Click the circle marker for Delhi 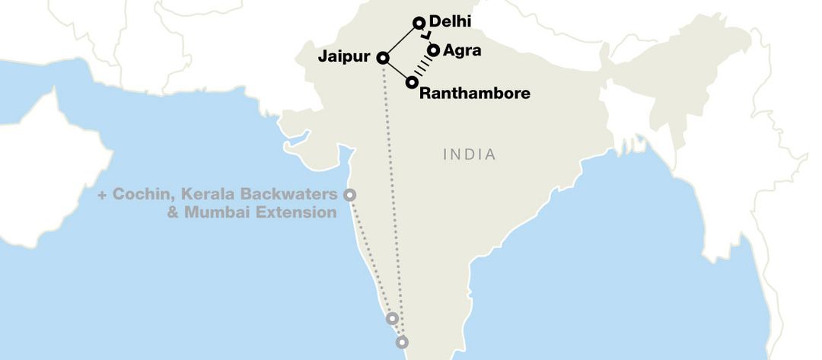pos(418,23)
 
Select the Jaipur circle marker pos(382,57)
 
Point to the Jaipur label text pos(345,57)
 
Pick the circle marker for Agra pos(433,50)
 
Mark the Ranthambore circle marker pos(412,81)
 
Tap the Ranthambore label pos(474,94)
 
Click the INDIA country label pos(469,155)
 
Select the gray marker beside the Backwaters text pos(349,195)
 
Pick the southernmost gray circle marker pos(402,342)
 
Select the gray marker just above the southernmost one pos(392,318)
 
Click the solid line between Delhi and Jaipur pos(400,40)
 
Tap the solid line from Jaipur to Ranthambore pos(397,69)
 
